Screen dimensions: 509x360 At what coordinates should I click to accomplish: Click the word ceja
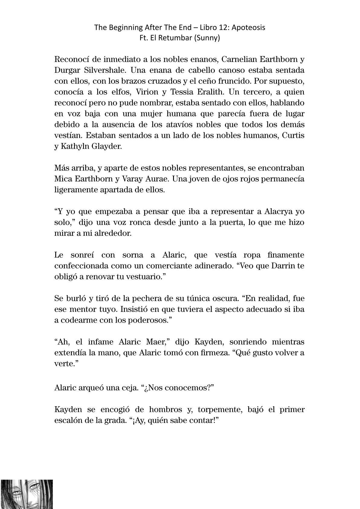pyautogui.click(x=129, y=388)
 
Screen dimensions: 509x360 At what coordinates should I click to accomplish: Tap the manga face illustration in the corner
pyautogui.click(x=27, y=494)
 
